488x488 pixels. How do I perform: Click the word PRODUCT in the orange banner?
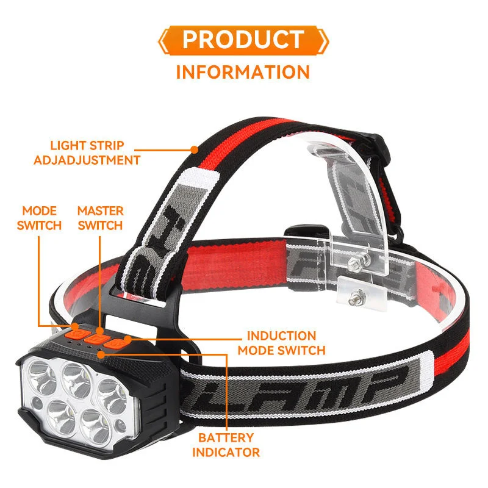click(242, 40)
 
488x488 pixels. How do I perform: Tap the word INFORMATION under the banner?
click(243, 72)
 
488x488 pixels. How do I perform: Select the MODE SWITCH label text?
click(40, 218)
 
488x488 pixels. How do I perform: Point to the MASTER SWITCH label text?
click(101, 218)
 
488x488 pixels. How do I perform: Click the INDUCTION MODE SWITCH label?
click(281, 343)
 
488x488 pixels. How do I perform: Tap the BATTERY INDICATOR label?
click(226, 445)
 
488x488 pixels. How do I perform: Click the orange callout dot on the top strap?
click(194, 148)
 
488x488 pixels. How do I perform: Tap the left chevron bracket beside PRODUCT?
click(162, 40)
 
